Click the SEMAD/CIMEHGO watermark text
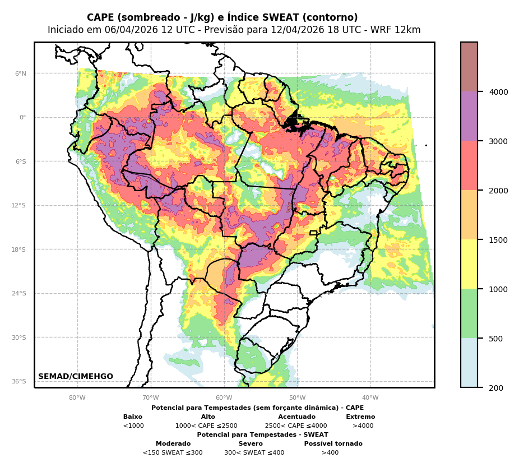[76, 377]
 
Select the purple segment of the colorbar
[469, 116]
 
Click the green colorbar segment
[469, 313]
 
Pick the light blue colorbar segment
[469, 363]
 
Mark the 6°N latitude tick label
[20, 73]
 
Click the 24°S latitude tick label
[19, 293]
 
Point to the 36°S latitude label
[19, 381]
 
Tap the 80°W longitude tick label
[77, 398]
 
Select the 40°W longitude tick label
[370, 398]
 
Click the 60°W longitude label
[224, 398]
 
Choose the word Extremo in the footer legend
[360, 417]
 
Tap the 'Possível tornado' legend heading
[333, 444]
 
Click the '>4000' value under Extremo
[363, 426]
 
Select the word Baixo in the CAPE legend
[133, 417]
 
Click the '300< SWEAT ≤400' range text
[254, 453]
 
